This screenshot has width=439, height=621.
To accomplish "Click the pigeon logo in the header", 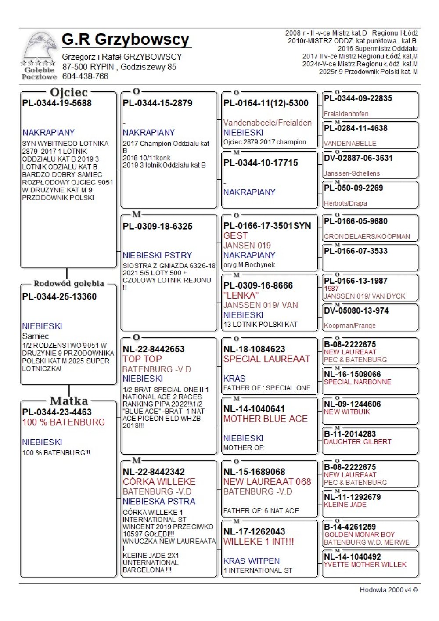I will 39,50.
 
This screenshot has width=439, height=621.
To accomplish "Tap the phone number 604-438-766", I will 85,76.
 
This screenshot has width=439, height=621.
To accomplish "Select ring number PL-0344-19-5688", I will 57,103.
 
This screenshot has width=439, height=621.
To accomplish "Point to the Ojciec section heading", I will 69,92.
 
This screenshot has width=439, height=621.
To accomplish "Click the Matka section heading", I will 69,401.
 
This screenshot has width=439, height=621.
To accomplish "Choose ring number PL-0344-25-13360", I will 59,297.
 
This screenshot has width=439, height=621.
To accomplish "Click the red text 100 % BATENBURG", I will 64,422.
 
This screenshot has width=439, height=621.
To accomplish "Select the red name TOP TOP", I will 142,359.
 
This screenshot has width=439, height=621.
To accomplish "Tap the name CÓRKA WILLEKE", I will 159,482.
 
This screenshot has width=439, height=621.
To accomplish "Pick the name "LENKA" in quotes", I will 241,296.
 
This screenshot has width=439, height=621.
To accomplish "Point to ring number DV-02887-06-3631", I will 358,158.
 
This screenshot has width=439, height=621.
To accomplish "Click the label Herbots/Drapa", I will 345,203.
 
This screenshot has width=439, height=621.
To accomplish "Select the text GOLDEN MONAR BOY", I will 360,535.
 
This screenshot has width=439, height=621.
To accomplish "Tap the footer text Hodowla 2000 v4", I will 389,590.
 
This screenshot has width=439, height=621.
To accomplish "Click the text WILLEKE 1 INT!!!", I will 259,542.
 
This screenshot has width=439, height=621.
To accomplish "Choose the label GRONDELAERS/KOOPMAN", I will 367,237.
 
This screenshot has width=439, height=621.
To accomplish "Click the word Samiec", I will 35,336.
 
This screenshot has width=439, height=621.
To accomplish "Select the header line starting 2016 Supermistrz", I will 378,49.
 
